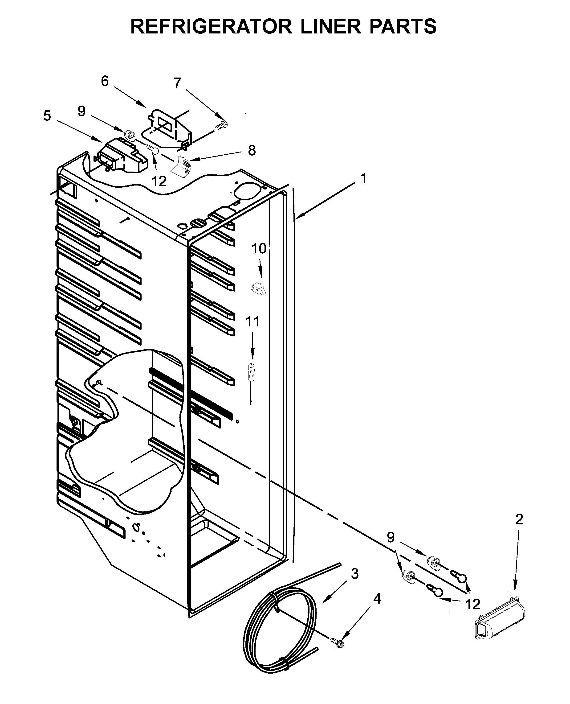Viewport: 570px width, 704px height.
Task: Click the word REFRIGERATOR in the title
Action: [x=212, y=26]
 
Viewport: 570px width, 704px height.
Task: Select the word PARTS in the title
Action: [x=403, y=26]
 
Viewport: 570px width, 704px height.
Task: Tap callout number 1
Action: [x=363, y=178]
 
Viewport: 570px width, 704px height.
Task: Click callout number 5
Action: [x=47, y=116]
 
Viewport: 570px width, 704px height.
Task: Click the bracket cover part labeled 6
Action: [x=167, y=128]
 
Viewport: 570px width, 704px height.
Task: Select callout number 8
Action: [x=252, y=150]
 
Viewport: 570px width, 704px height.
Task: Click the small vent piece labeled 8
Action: [x=182, y=167]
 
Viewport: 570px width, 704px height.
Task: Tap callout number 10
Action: [x=259, y=248]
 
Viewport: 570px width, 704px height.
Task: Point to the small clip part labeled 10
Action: [x=258, y=288]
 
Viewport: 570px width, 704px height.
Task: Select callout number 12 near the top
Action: [x=159, y=181]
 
